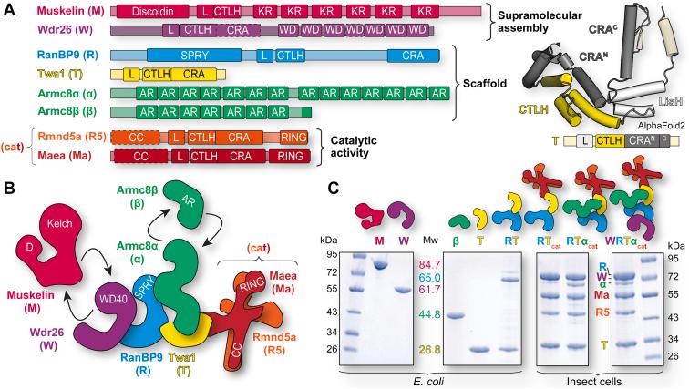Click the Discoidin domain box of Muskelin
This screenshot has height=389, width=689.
tap(153, 11)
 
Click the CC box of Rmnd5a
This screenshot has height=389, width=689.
tap(139, 137)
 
